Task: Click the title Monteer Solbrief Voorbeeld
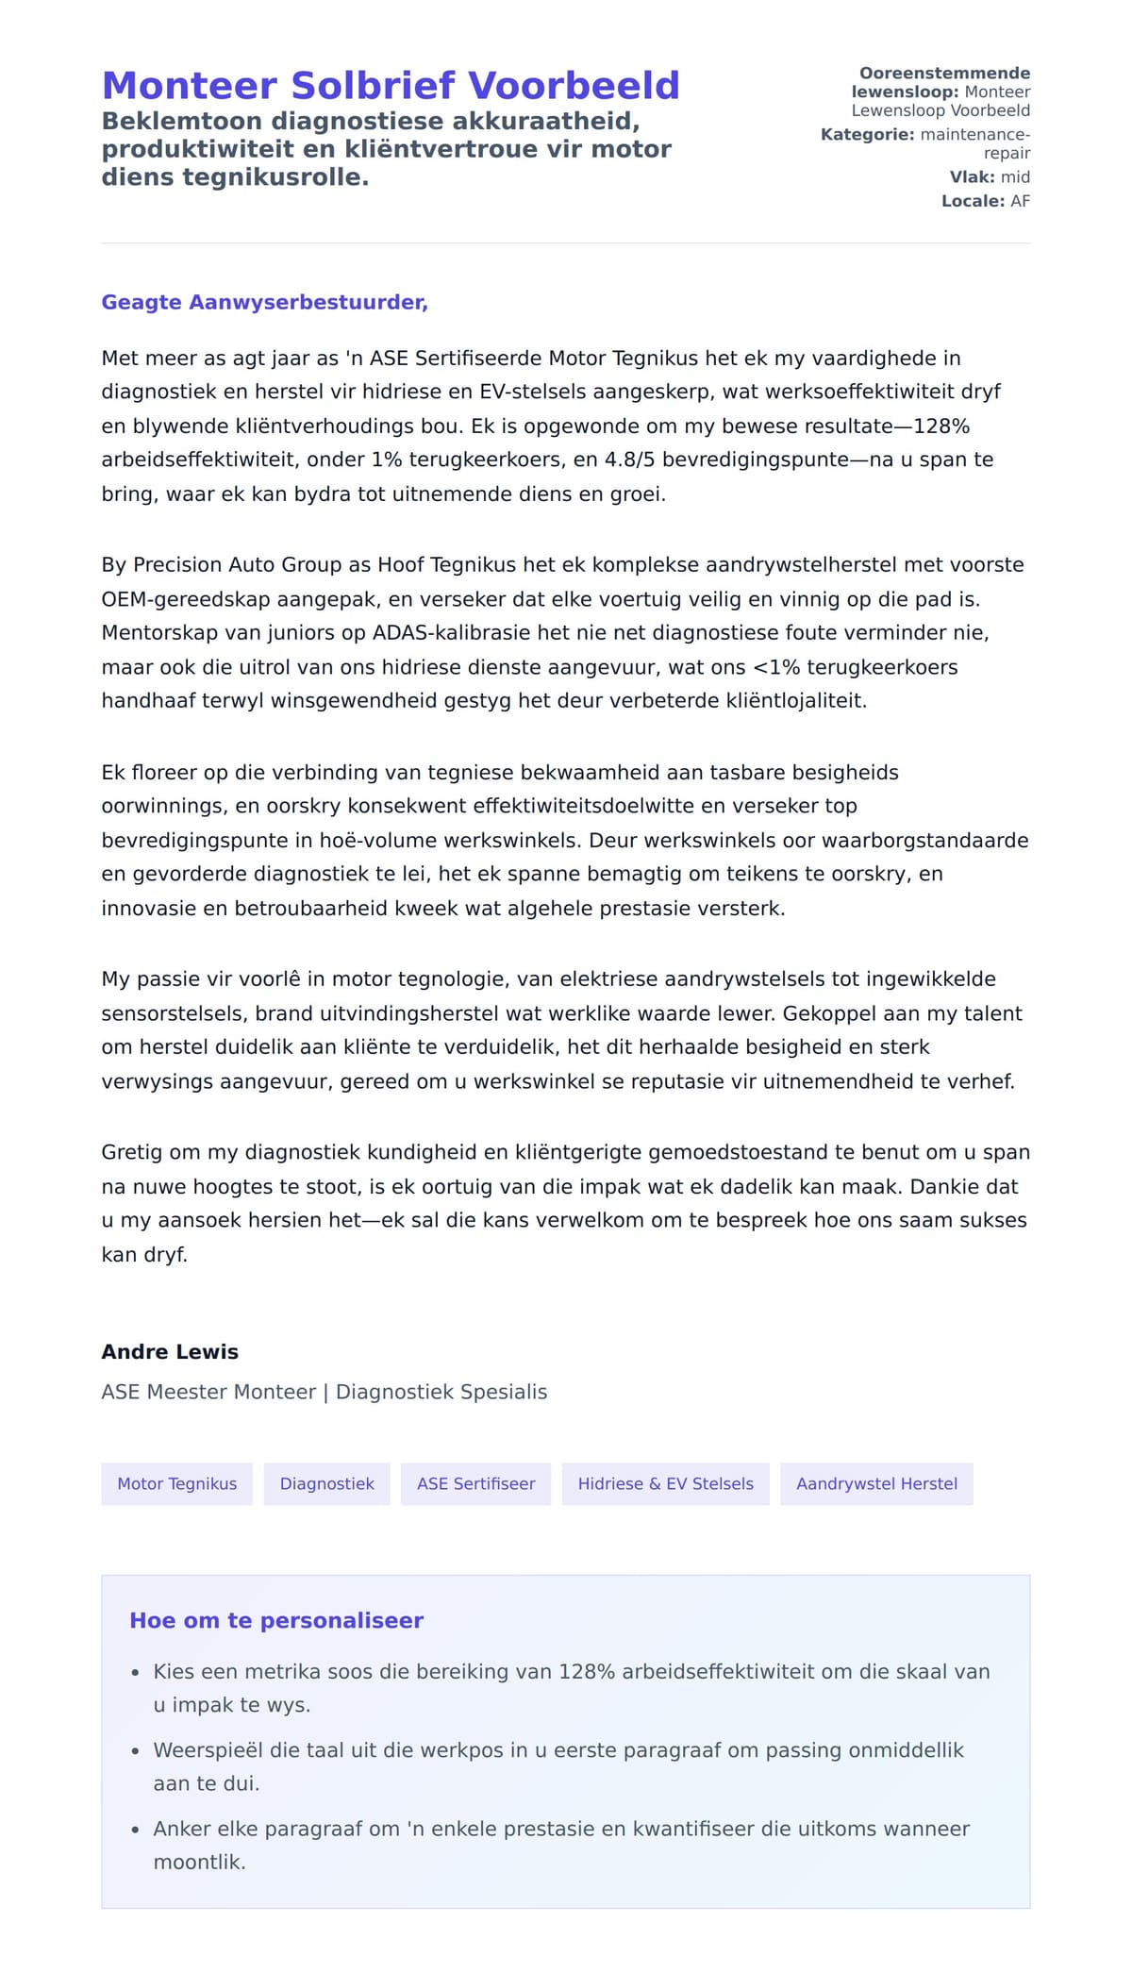click(x=391, y=86)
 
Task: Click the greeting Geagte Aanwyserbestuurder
click(x=264, y=302)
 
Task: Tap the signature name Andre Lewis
click(x=170, y=1351)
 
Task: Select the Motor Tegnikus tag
click(x=176, y=1483)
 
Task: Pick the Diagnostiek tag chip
click(x=326, y=1483)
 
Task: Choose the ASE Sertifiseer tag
click(x=475, y=1483)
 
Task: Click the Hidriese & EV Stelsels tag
click(x=665, y=1483)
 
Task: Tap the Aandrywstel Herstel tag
click(x=876, y=1483)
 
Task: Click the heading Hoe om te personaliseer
click(x=276, y=1620)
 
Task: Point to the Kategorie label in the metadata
click(x=867, y=134)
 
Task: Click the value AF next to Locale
click(x=1020, y=201)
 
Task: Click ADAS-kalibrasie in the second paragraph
click(x=440, y=632)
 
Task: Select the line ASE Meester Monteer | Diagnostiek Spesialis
click(x=324, y=1392)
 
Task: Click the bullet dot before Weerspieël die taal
click(x=135, y=1751)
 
